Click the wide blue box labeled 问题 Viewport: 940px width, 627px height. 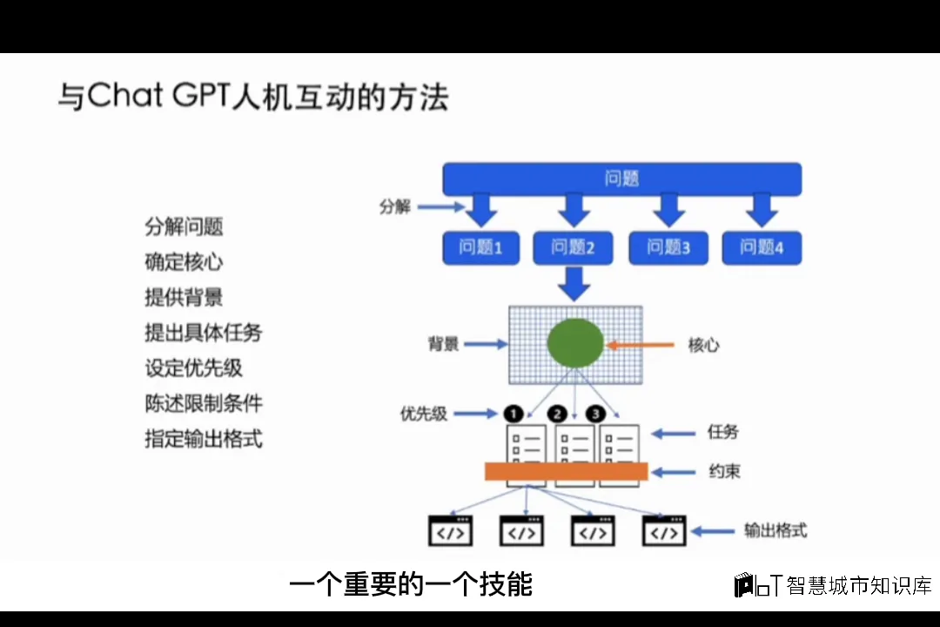point(621,179)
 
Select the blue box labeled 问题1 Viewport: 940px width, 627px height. point(480,248)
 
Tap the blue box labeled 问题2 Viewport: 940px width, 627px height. point(573,248)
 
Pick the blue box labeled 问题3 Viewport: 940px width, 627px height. point(668,248)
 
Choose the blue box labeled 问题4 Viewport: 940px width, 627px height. point(762,248)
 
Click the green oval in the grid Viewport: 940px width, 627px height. point(575,343)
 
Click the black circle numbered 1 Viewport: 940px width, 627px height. point(514,413)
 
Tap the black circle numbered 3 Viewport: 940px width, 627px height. point(596,413)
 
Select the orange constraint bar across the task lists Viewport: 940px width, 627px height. point(567,471)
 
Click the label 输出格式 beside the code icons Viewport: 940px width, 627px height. point(774,530)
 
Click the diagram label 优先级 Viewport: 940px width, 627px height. point(424,414)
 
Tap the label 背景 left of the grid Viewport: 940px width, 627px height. point(443,344)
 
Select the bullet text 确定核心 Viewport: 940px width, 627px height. point(184,261)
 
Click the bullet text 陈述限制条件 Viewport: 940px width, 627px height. point(204,403)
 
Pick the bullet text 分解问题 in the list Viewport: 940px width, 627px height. point(184,226)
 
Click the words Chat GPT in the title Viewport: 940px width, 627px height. point(158,97)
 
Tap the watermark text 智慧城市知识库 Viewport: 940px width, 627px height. point(858,585)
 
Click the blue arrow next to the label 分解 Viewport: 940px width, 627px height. point(441,207)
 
